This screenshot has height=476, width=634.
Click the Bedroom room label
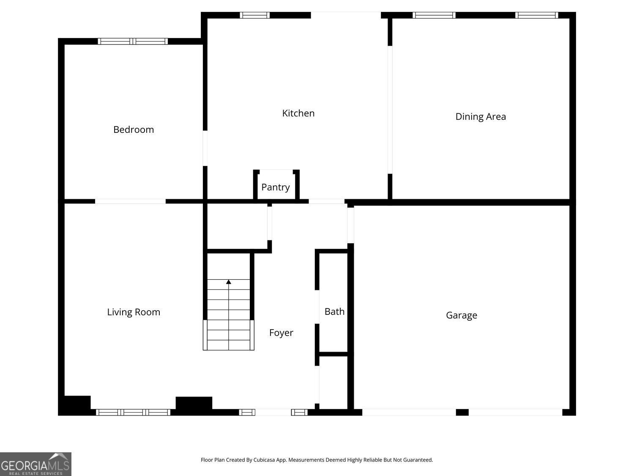[134, 129]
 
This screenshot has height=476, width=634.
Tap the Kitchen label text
[298, 113]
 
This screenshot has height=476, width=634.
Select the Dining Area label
[481, 117]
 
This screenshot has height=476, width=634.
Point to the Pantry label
[276, 187]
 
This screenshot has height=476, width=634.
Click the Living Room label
[134, 312]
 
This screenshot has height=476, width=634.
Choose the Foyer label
[281, 333]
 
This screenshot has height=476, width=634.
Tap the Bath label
[334, 312]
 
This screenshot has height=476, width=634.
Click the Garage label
[462, 315]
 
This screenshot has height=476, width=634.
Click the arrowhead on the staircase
[229, 282]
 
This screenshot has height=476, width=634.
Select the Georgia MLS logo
[36, 464]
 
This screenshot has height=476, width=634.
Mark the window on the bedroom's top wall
[133, 41]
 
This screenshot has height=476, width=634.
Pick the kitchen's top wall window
[255, 15]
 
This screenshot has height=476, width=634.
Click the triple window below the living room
[133, 412]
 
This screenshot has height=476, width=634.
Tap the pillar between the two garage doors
[462, 412]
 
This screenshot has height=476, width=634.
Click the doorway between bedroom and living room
[130, 201]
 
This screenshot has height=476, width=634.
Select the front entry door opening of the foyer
[273, 412]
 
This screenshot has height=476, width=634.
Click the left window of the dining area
[434, 15]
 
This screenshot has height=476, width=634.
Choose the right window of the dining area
[536, 15]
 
